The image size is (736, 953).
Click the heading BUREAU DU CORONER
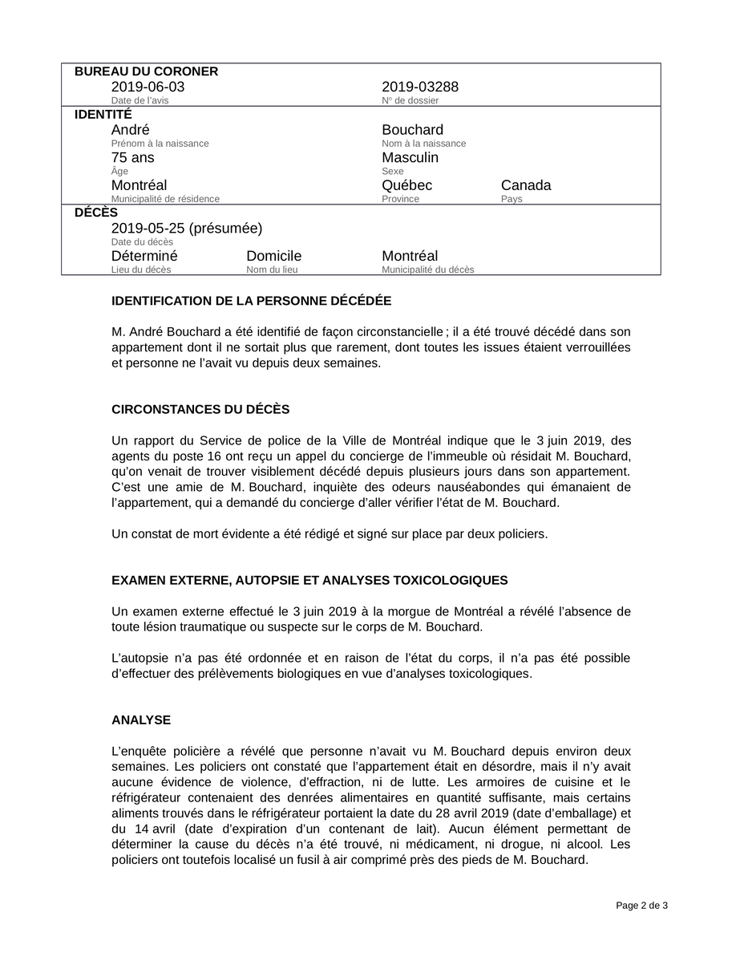(146, 71)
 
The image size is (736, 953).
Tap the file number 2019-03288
(420, 87)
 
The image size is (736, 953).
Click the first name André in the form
(130, 130)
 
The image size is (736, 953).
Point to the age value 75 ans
(133, 157)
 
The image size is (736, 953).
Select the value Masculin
(410, 157)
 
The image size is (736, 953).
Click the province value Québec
(406, 185)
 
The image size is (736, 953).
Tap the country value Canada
(526, 185)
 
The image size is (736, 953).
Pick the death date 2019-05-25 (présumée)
(187, 228)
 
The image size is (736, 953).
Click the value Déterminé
(144, 256)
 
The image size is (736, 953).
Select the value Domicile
(273, 256)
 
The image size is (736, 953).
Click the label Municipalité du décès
(427, 270)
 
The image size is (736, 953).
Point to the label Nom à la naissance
(423, 144)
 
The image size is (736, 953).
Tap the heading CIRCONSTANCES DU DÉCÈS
(200, 409)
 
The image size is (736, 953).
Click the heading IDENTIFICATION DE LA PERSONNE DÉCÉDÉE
(251, 302)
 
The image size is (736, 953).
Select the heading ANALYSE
(141, 720)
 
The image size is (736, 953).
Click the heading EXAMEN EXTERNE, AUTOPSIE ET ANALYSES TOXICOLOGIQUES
(309, 580)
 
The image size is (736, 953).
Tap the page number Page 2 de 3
(641, 906)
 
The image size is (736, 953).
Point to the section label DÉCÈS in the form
(95, 213)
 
